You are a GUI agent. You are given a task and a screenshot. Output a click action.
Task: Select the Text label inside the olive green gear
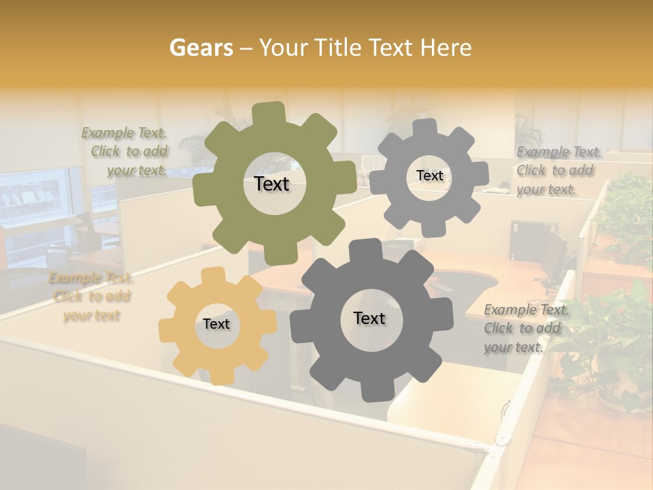click(x=271, y=184)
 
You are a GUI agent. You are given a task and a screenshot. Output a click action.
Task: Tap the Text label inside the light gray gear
click(x=429, y=176)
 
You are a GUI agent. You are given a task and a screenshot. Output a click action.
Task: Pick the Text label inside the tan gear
click(x=216, y=324)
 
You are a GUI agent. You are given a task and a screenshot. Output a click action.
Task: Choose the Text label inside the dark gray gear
click(x=369, y=318)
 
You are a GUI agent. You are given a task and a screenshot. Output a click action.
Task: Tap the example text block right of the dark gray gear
click(x=526, y=328)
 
